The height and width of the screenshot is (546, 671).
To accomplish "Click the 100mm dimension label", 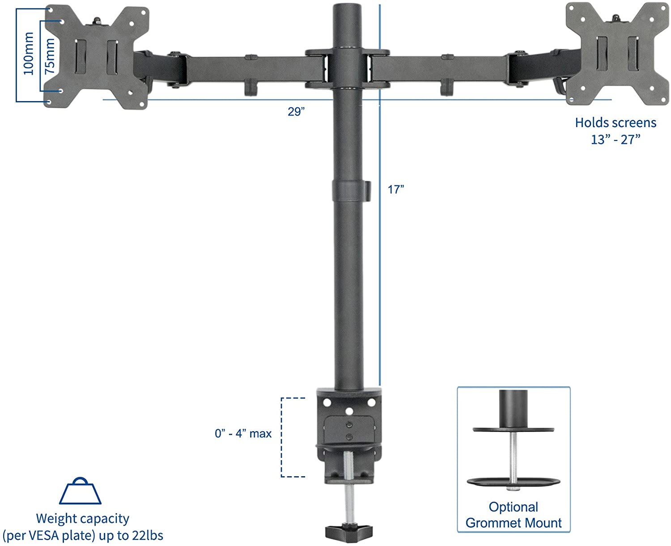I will pyautogui.click(x=29, y=54).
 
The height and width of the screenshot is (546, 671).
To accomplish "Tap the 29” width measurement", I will pyautogui.click(x=296, y=111).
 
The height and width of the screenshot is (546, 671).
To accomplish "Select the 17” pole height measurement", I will pyautogui.click(x=395, y=190).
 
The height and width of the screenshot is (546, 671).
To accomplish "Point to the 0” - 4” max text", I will pyautogui.click(x=243, y=433).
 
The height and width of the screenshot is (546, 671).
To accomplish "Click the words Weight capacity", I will pyautogui.click(x=82, y=518).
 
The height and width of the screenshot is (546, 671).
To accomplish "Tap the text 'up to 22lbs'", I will pyautogui.click(x=131, y=535).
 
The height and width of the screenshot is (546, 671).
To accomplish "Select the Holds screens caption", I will pyautogui.click(x=616, y=123).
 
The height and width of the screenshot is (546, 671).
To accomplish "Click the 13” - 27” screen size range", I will pyautogui.click(x=616, y=140).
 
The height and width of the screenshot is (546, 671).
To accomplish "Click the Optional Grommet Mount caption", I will pyautogui.click(x=514, y=515).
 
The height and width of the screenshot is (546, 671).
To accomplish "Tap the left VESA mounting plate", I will pyautogui.click(x=97, y=56).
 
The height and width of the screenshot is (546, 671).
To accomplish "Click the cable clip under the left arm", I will pyautogui.click(x=251, y=87).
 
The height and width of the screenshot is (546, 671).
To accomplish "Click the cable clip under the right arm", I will pyautogui.click(x=446, y=87).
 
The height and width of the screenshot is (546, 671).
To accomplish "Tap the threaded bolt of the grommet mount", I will pyautogui.click(x=514, y=456).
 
